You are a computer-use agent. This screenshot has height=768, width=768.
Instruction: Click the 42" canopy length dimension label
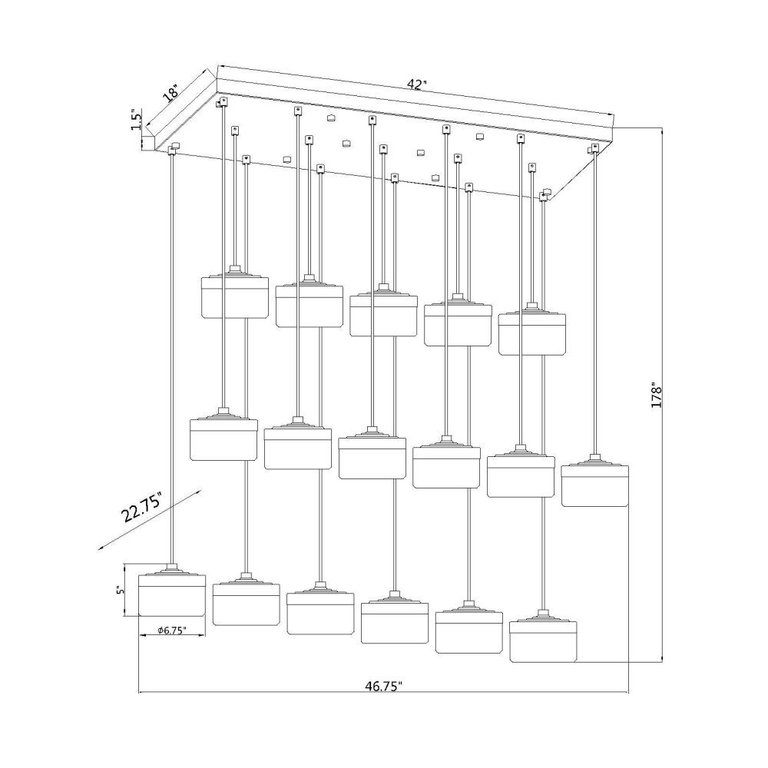(x=417, y=84)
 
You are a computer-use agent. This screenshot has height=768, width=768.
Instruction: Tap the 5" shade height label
(x=118, y=591)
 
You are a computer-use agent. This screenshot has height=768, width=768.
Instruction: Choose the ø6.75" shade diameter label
(x=172, y=631)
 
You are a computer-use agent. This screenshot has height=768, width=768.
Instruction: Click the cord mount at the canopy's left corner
(x=174, y=148)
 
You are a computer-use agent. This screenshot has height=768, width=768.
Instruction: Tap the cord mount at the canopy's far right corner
(x=595, y=148)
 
